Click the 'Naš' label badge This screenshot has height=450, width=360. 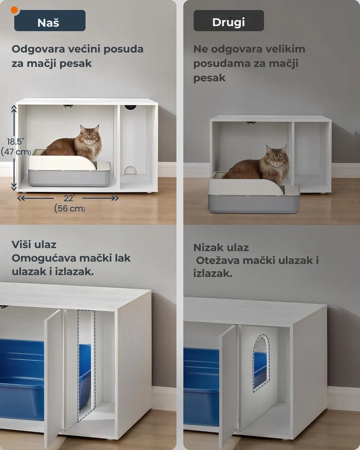tap(49, 21)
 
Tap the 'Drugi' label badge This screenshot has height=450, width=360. tap(229, 21)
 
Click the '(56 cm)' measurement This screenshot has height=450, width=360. tap(70, 208)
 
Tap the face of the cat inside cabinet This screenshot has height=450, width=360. tap(88, 136)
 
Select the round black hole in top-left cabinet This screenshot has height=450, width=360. tap(130, 107)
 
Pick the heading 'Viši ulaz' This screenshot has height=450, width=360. tap(34, 244)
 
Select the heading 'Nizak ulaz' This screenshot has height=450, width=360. tap(221, 247)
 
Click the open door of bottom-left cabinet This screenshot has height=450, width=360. tap(53, 378)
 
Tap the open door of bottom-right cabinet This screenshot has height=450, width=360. tap(228, 387)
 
